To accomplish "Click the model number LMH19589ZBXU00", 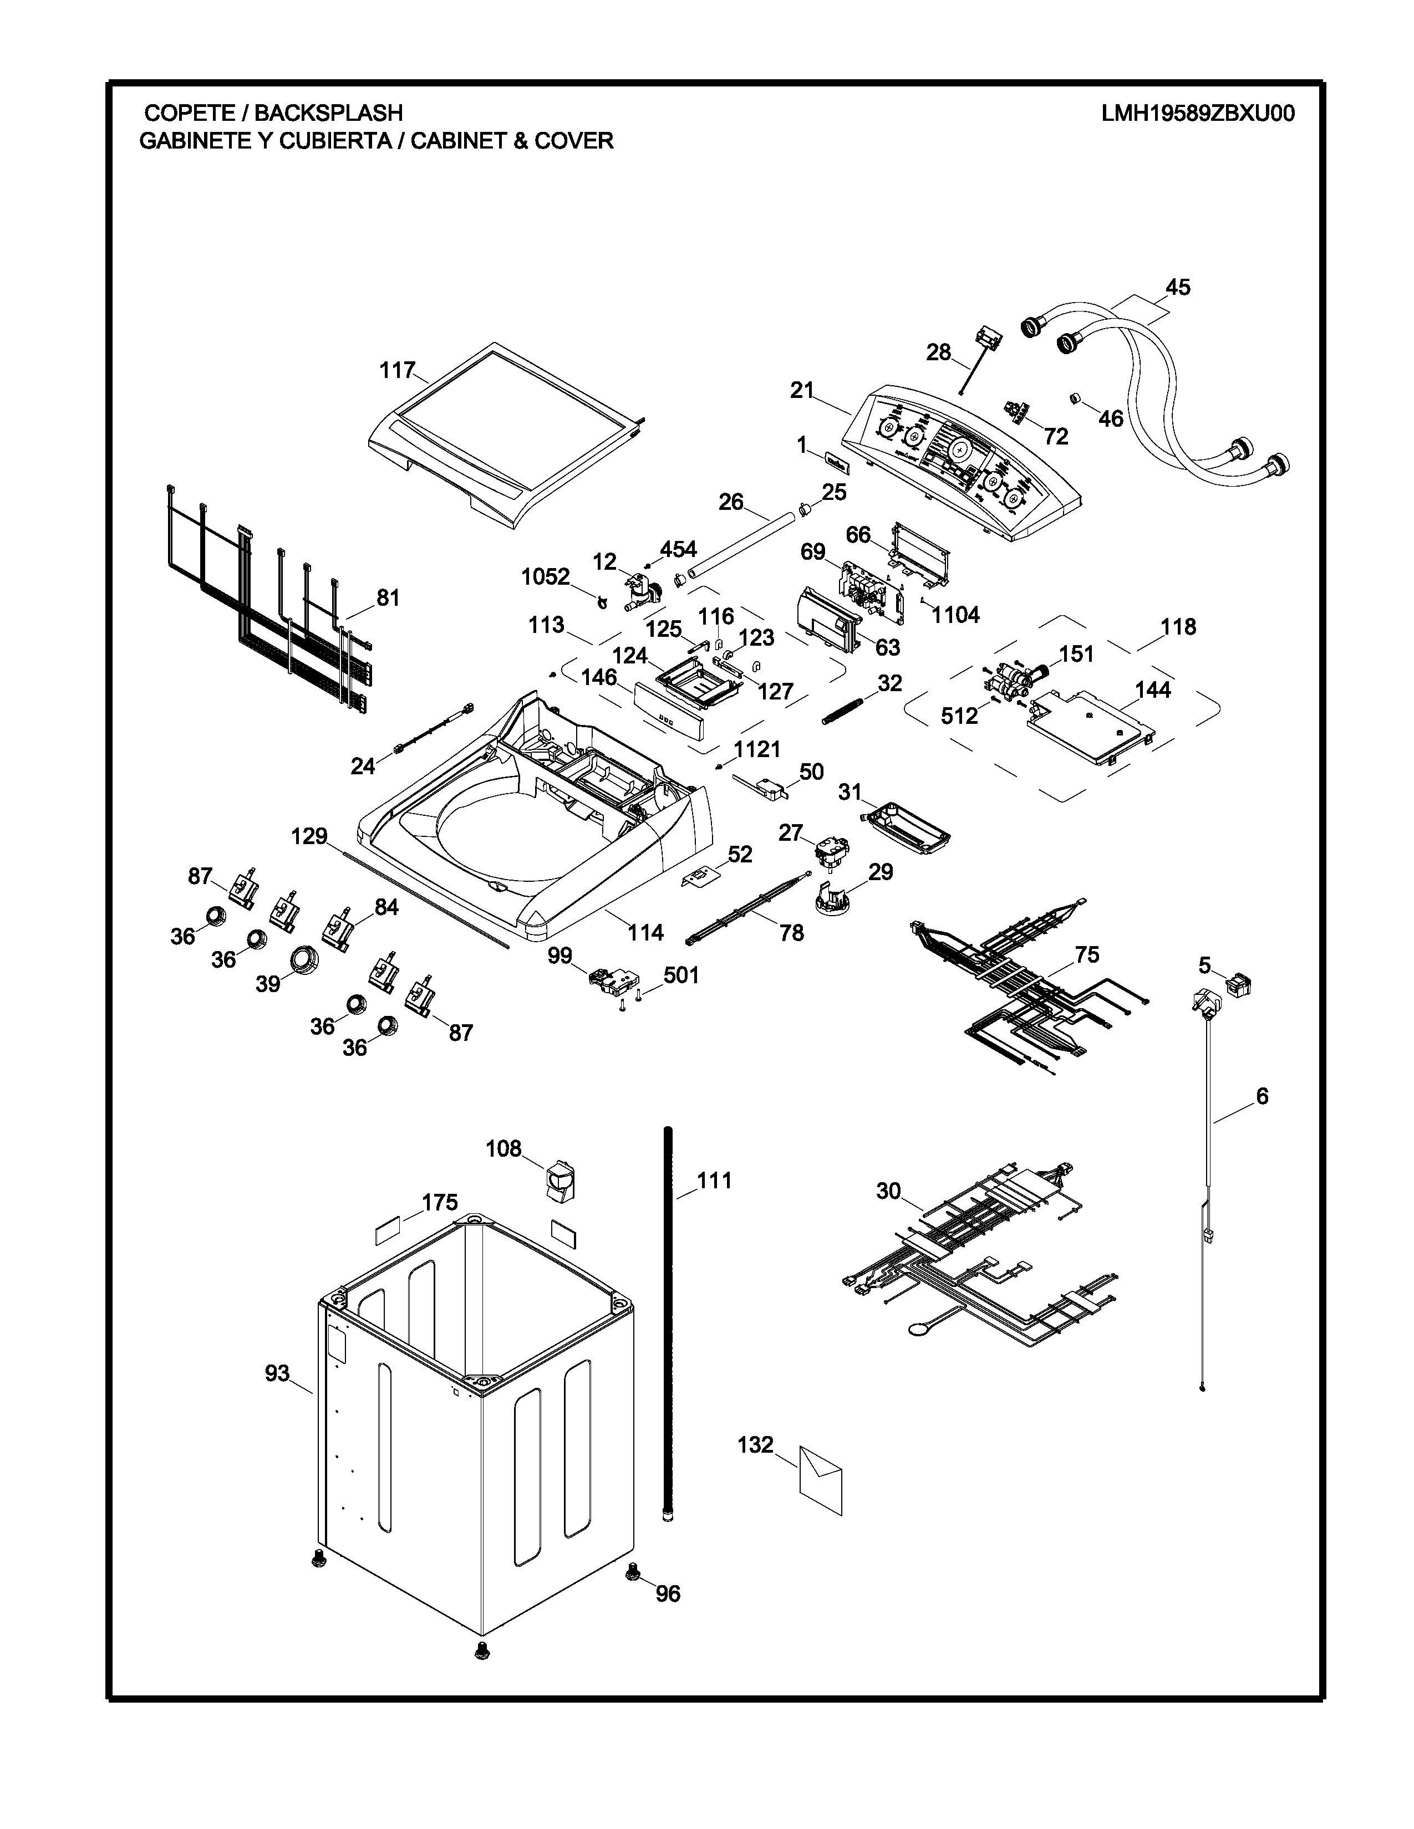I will coord(1198,113).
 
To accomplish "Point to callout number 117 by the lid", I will coord(397,370).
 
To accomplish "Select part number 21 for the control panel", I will coord(802,390).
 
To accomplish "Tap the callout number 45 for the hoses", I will coord(1178,287).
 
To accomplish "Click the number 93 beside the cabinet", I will coord(277,1373).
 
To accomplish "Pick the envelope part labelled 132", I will coord(820,1480).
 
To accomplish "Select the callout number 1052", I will coord(545,577).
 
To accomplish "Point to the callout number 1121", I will coord(757,749).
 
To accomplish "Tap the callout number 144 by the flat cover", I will coord(1153,690).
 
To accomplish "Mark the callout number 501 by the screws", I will coord(681,975).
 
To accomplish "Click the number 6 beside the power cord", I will coord(1262,1095).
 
